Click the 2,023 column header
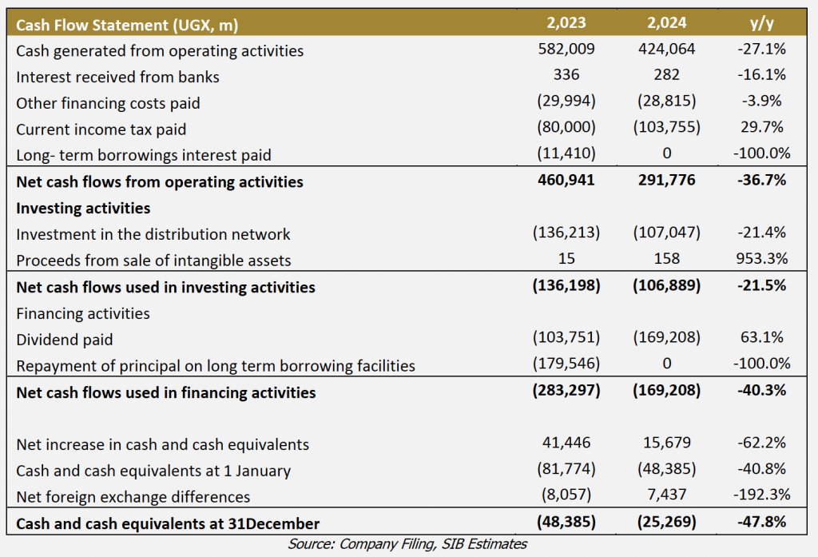[x=566, y=23]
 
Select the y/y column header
[x=761, y=23]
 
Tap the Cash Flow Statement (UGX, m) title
[x=127, y=25]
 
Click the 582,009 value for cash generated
[x=566, y=49]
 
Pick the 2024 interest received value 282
[x=667, y=74]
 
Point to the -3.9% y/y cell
[x=761, y=101]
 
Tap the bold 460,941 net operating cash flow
[x=566, y=180]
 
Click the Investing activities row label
[x=83, y=208]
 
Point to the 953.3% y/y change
[x=761, y=258]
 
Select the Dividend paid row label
[x=64, y=340]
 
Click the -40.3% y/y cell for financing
[x=761, y=390]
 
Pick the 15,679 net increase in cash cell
[x=667, y=443]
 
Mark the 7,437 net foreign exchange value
[x=667, y=494]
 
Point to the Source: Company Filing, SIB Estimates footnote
[x=407, y=544]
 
